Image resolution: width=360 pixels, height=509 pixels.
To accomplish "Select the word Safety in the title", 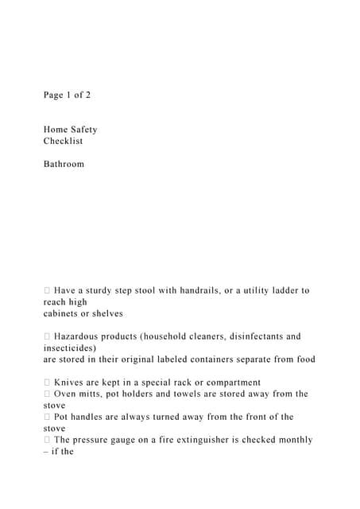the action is [x=84, y=130].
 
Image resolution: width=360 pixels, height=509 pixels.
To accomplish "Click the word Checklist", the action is [x=63, y=141].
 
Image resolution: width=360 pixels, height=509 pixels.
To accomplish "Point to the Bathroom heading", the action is [x=64, y=164].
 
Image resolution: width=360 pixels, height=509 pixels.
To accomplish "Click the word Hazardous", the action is [x=80, y=336].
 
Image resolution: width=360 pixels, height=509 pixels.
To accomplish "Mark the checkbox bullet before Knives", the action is [x=47, y=383].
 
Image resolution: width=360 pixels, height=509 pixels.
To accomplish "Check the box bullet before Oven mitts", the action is [x=47, y=394].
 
